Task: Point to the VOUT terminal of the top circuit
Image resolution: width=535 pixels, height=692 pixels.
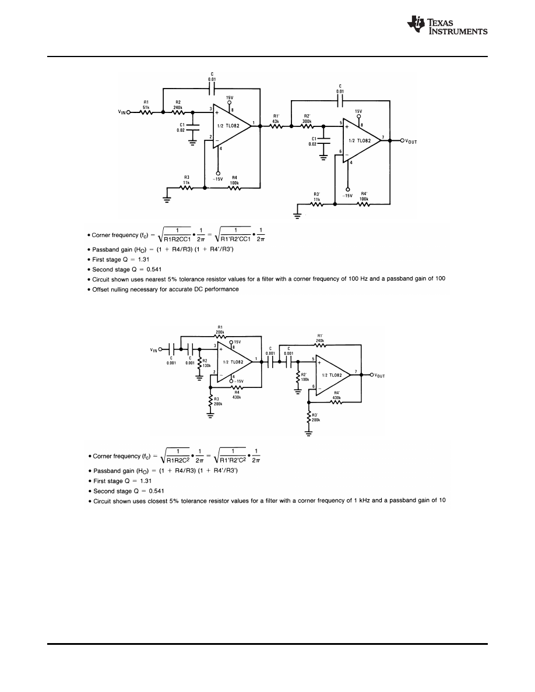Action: point(402,141)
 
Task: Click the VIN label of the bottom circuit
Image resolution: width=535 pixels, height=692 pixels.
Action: point(154,350)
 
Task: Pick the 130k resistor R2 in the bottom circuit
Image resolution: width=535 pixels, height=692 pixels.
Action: point(200,363)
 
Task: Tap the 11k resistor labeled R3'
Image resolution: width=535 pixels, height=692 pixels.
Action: point(317,204)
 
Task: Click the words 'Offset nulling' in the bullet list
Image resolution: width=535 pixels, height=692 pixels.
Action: point(111,289)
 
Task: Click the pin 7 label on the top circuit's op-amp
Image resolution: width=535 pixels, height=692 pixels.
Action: point(382,137)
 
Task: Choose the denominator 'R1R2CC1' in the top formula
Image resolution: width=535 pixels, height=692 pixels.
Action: point(175,237)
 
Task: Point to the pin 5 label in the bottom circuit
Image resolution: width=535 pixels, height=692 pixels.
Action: point(314,359)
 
